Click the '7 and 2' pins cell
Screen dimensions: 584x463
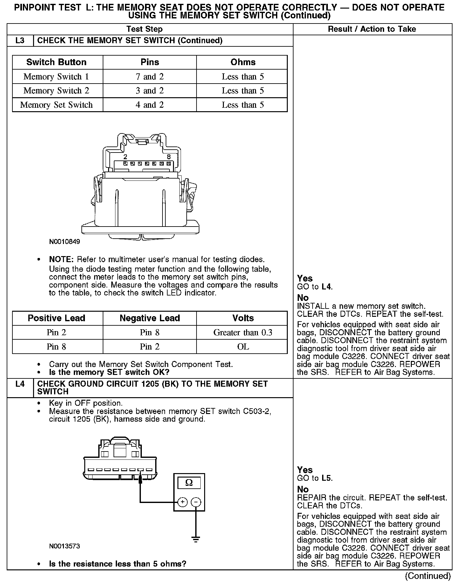[149, 77]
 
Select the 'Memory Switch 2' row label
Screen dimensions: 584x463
[56, 91]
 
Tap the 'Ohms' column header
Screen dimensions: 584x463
[243, 62]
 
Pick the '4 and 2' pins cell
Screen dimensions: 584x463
[149, 105]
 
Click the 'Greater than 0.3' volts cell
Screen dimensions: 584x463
[243, 332]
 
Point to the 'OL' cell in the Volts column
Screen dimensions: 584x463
[243, 347]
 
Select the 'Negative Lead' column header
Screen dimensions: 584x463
[149, 318]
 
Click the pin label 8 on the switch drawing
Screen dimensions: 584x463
[169, 157]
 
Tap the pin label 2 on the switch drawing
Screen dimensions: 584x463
[125, 157]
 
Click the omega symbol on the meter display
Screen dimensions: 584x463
[189, 483]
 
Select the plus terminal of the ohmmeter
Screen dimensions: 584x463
[182, 502]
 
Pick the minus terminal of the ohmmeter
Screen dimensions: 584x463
[196, 502]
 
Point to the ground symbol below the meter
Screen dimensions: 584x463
[196, 539]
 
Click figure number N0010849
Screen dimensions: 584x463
[65, 242]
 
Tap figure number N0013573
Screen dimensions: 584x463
[65, 547]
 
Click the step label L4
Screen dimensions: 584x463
[20, 384]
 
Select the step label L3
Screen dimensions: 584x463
[20, 41]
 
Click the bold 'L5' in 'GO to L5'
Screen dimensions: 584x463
[327, 478]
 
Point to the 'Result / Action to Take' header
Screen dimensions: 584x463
[372, 29]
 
